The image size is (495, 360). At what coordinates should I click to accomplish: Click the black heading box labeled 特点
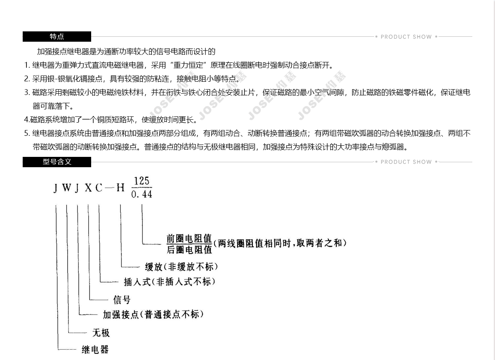coord(57,36)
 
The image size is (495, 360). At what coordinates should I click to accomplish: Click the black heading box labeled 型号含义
coord(57,162)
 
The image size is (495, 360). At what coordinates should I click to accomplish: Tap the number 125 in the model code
coord(141,181)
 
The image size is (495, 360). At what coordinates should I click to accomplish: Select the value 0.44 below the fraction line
coord(141,194)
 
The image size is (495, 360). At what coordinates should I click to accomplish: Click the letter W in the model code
coord(66,188)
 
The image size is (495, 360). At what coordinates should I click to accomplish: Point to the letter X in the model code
coord(88,188)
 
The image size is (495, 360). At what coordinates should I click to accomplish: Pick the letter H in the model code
coord(120,188)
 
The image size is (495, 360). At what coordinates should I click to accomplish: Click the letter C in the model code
coord(99,188)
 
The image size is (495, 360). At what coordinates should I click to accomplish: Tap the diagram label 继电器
coord(95,350)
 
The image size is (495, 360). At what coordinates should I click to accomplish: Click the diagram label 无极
coord(101,333)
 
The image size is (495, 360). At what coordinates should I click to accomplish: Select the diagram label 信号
coord(122,300)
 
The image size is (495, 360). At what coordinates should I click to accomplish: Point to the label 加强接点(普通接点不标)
coord(153,315)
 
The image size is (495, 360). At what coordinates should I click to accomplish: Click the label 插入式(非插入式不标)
coord(170,282)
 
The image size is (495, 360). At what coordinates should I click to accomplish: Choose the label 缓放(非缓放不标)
coord(181,267)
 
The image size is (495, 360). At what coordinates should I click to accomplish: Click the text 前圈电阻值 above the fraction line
coord(189,239)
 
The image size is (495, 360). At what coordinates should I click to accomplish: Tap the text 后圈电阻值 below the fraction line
coord(189,250)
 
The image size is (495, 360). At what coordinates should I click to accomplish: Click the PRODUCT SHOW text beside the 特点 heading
coord(406,37)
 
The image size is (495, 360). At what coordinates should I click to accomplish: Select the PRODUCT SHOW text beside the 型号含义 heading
coord(406,162)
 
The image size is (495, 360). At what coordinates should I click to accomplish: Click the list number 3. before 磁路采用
coord(27,92)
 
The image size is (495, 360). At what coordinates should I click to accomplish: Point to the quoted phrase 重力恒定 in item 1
coord(188,65)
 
